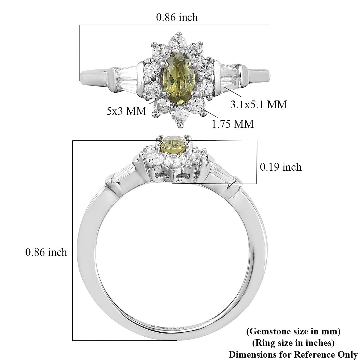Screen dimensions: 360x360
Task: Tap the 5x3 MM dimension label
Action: [x=126, y=111]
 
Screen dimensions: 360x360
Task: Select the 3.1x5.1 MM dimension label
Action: [x=259, y=104]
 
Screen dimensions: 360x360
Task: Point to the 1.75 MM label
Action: [x=232, y=124]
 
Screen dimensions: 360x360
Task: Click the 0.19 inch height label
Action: [x=280, y=167]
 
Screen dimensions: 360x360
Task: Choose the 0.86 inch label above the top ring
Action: [x=177, y=17]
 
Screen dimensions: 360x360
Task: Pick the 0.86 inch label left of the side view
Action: [x=46, y=252]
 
